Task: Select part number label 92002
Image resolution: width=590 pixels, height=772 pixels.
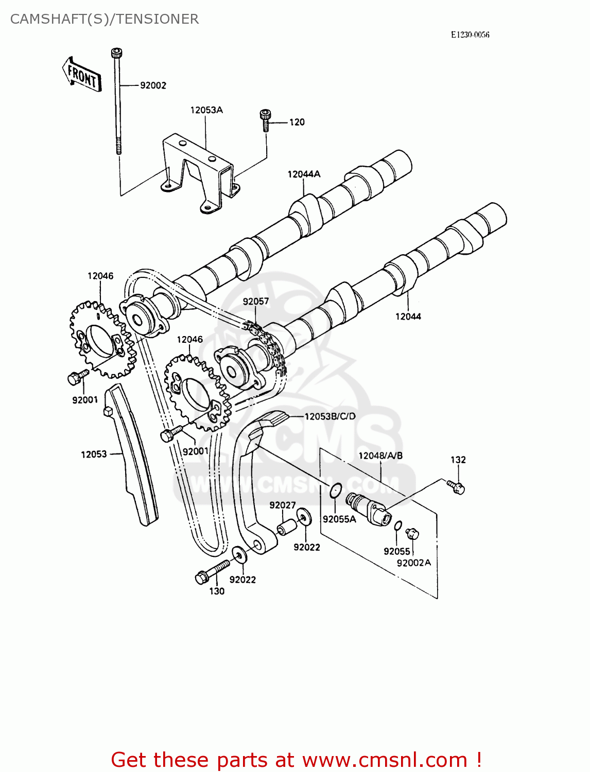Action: (x=153, y=85)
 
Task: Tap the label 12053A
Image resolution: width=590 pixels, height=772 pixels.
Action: (x=206, y=110)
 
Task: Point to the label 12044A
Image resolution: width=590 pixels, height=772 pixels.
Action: (x=304, y=174)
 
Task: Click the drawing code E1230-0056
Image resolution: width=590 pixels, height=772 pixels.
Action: (x=470, y=35)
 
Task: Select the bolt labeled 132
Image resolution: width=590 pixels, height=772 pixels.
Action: (x=457, y=486)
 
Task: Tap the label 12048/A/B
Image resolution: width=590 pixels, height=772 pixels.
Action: (x=380, y=455)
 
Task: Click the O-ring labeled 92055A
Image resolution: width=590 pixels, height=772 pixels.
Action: (x=336, y=491)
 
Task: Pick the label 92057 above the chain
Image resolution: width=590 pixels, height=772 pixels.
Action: (x=256, y=301)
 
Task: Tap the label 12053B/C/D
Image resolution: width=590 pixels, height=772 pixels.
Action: (x=330, y=416)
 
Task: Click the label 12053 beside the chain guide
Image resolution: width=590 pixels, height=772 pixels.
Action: (x=94, y=454)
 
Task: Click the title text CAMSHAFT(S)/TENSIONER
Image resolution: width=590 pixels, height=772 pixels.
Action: (x=105, y=19)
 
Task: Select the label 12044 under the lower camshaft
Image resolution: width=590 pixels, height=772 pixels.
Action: (x=408, y=317)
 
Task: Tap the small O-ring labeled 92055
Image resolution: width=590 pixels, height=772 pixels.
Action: (x=398, y=525)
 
